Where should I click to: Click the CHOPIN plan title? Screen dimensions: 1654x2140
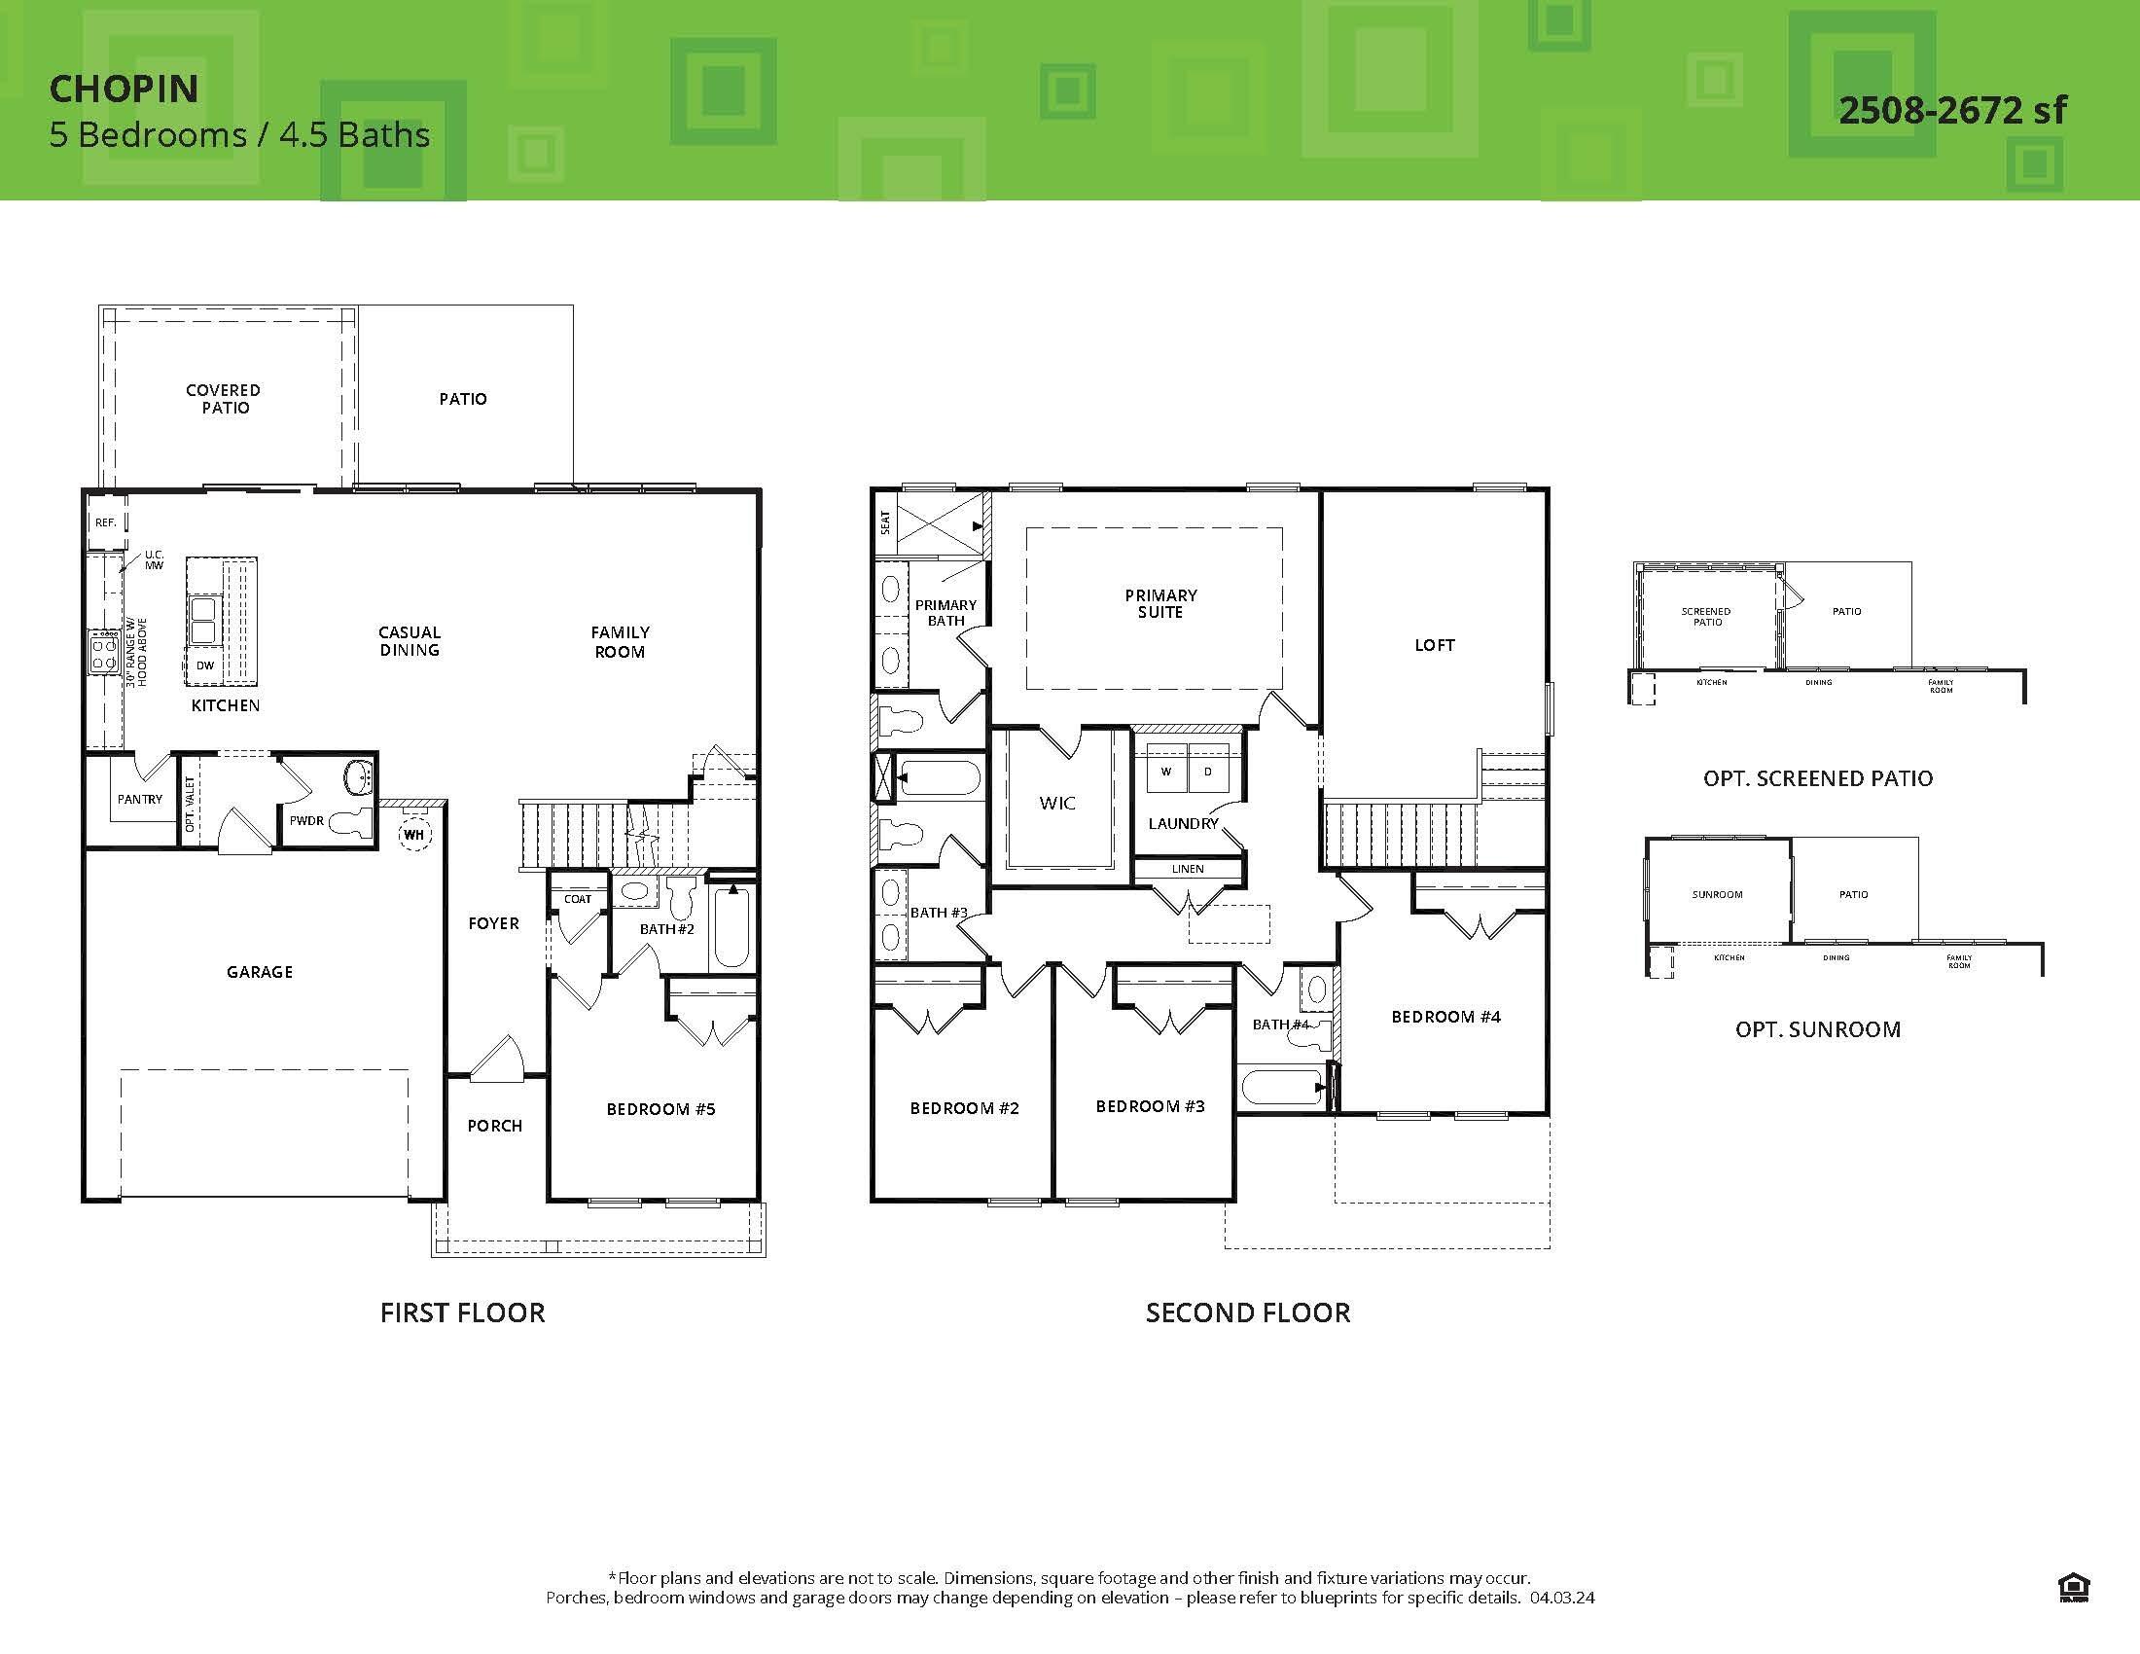click(124, 90)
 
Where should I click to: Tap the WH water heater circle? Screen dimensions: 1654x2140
click(413, 835)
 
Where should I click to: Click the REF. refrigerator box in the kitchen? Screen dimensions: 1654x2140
click(106, 522)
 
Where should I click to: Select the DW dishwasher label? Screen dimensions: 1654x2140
click(205, 665)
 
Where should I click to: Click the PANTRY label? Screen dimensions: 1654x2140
click(140, 800)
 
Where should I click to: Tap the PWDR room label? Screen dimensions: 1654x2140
click(306, 821)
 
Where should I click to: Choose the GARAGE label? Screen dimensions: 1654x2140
click(260, 972)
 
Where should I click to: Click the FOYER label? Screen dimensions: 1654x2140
click(493, 923)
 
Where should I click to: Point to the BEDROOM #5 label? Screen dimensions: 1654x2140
click(660, 1109)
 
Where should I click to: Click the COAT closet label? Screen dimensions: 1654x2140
click(577, 899)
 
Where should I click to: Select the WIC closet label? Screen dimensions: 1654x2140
click(1057, 804)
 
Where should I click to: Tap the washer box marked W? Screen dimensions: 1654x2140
click(1165, 773)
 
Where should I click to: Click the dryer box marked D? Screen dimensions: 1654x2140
click(1207, 773)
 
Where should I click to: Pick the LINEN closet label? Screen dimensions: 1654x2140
click(1187, 869)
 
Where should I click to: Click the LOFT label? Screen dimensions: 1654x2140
click(1435, 645)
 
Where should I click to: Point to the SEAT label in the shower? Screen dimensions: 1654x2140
click(886, 522)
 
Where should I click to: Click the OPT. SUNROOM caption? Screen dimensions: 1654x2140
click(1818, 1029)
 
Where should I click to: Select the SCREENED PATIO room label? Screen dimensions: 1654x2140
click(1706, 616)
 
